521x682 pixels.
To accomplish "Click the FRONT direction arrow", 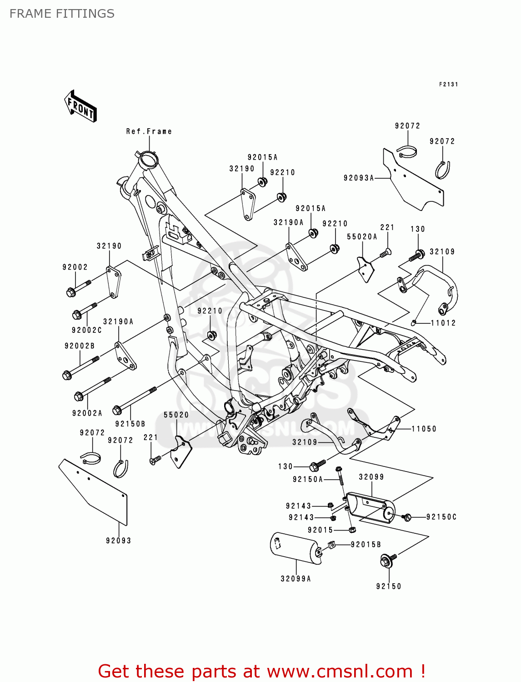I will pos(81,106).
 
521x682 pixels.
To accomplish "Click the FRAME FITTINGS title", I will pos(62,14).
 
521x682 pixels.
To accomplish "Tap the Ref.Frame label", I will pos(149,131).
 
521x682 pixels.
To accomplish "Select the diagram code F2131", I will pos(448,85).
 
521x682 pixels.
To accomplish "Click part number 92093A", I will pos(359,178).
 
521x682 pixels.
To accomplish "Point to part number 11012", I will pos(443,323).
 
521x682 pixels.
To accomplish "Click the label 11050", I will pos(424,429).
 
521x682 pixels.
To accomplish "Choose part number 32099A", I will pos(296,579).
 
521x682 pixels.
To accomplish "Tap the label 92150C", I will pos(441,517).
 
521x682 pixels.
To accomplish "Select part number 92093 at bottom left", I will pos(119,541).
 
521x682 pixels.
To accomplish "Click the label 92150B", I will pos(130,424).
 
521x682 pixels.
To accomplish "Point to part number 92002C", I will pos(86,330).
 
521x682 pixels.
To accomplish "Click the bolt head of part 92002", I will pos(70,292).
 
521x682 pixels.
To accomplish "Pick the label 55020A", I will pos(362,237).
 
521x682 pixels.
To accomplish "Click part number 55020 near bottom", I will pos(176,415).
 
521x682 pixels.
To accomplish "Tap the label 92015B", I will pos(366,544).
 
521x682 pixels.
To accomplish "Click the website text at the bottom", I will pos(261,671).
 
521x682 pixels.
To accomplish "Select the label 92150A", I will pos(308,479).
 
